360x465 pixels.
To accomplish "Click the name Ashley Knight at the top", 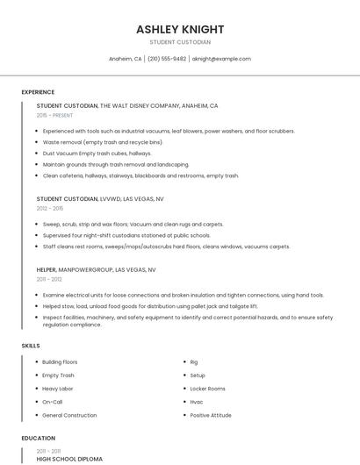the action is click(180, 29).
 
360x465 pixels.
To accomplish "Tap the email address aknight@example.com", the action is click(220, 59).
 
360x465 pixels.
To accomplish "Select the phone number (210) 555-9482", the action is click(167, 59).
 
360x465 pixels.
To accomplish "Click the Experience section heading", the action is click(38, 92).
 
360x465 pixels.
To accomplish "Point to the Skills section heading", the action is click(31, 346).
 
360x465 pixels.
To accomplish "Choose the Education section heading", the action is click(38, 438).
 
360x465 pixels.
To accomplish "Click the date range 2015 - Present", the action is click(55, 115).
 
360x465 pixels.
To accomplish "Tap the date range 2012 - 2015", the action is click(50, 208).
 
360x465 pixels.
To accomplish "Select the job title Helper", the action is click(47, 269).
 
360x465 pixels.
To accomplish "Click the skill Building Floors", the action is click(60, 362).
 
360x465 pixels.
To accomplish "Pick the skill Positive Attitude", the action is click(211, 415).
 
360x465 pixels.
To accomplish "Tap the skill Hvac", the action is click(197, 402).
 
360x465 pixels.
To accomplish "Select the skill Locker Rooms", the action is click(207, 389).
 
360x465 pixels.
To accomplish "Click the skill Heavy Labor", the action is click(58, 389).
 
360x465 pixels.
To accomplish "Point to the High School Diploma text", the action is click(69, 458).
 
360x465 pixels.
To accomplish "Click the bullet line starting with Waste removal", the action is click(103, 141).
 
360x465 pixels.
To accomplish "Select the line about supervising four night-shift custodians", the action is click(126, 235).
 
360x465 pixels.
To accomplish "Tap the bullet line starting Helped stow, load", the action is click(150, 306).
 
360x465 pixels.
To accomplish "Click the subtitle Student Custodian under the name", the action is click(180, 41).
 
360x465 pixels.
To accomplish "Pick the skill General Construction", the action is click(69, 415).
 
